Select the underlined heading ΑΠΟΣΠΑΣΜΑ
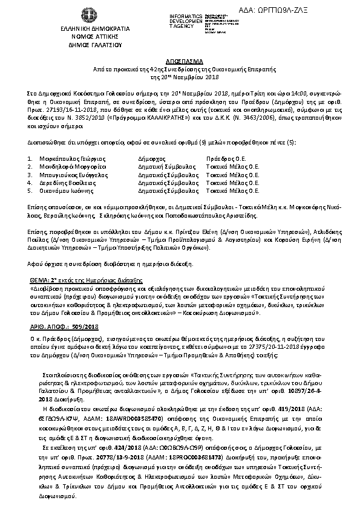[x=179, y=62]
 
